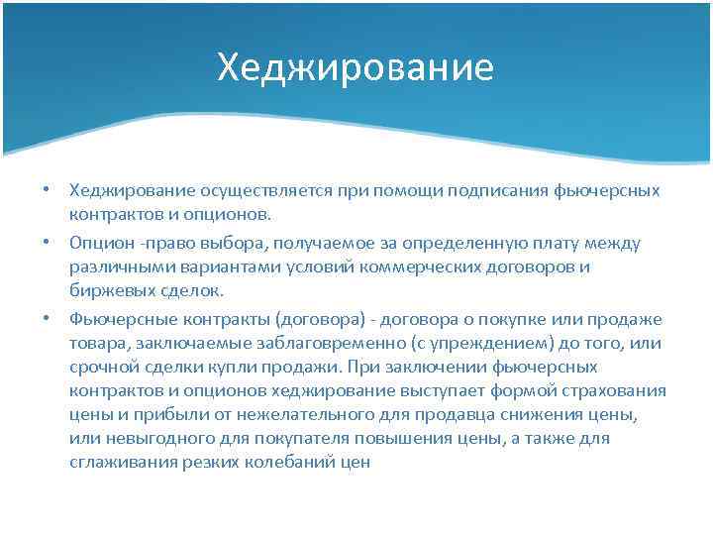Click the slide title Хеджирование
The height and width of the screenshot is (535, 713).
pyautogui.click(x=356, y=68)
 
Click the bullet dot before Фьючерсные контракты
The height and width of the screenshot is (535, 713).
pyautogui.click(x=46, y=319)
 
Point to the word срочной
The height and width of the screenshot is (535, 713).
pyautogui.click(x=100, y=367)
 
